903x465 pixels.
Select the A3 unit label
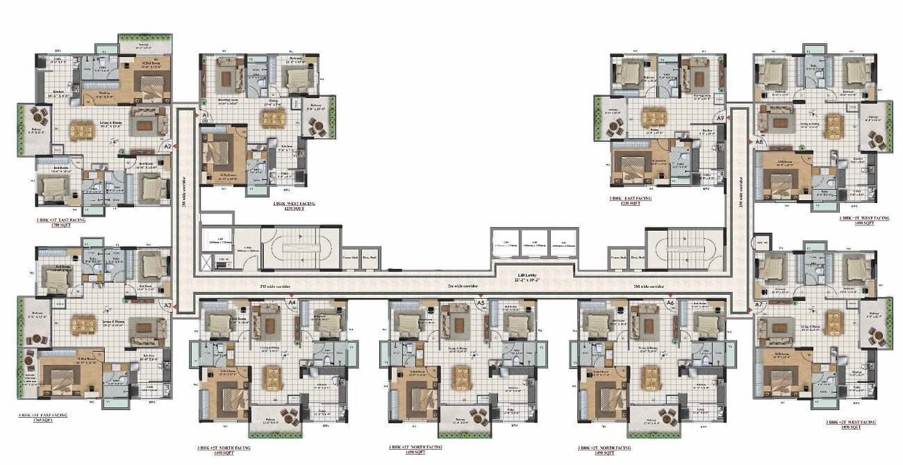(167, 304)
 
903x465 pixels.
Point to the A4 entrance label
(292, 303)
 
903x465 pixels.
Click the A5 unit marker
(480, 303)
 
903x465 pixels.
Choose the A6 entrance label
(670, 303)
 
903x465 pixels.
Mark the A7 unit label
(759, 304)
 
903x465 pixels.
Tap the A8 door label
(759, 142)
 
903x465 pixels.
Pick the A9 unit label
(721, 119)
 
